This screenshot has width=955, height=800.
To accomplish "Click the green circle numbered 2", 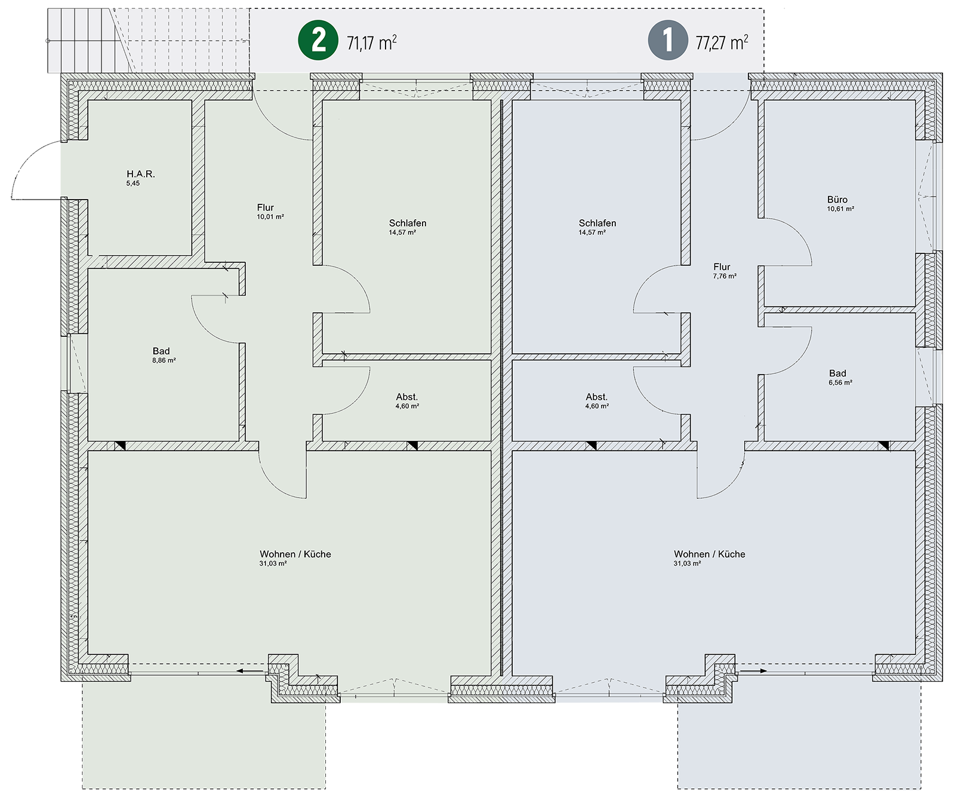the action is pos(319,40).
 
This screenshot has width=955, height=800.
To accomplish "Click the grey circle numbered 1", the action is pos(668,40).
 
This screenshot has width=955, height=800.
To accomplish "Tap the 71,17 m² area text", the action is pos(372,42).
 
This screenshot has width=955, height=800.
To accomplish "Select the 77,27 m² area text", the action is pos(722,42).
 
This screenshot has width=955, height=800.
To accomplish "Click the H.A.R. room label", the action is pos(141,174).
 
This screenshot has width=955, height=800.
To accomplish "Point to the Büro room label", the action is pos(837,200).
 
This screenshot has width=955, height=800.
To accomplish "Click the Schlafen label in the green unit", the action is pos(408,223).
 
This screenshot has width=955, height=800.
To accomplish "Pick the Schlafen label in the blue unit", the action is pos(597,223).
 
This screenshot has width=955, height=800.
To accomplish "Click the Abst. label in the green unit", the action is pos(407,397).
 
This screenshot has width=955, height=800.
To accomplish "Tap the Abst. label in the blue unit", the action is pos(597,397).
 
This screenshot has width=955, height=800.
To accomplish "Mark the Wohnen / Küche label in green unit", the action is pos(295,554).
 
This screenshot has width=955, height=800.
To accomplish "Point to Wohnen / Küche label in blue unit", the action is pos(710,554).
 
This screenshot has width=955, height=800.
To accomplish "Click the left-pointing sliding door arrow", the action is pos(250,671).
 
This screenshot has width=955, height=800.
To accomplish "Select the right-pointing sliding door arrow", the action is pos(754,671).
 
